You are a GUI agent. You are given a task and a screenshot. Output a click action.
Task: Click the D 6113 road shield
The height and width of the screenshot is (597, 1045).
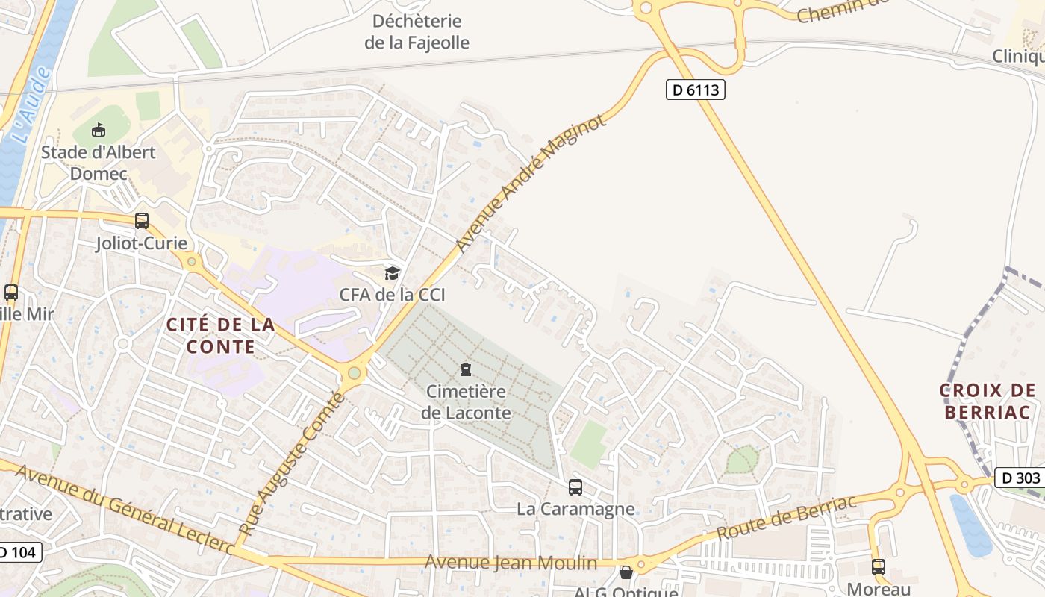[x=695, y=90]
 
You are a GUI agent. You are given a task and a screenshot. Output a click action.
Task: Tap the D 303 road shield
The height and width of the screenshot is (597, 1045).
[x=1019, y=478]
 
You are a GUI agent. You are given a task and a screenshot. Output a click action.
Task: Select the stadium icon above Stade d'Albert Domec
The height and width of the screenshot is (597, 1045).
[x=99, y=131]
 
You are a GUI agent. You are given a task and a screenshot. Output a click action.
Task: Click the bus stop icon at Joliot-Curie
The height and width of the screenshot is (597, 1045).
[x=141, y=221]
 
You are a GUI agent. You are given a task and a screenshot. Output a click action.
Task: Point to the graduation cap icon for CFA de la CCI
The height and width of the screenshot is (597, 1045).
[x=392, y=273]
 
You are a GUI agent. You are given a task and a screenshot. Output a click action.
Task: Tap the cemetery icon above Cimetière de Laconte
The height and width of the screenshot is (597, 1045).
[x=466, y=369]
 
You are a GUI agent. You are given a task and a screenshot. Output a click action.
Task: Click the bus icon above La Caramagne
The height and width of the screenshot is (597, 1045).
[x=575, y=487]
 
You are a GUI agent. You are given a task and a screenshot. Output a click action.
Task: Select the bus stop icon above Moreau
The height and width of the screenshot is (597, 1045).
[x=879, y=566]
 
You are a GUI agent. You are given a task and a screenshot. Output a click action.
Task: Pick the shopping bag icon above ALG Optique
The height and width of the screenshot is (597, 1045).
[x=626, y=572]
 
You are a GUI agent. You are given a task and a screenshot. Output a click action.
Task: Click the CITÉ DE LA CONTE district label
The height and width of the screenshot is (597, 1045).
[x=220, y=336]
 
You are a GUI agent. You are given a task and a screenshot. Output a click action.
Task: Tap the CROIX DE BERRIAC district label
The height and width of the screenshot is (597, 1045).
[x=987, y=401]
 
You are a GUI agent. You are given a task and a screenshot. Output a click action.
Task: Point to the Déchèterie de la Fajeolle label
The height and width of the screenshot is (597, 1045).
[x=417, y=32]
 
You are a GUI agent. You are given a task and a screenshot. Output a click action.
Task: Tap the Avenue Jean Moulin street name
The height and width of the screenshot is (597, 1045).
[x=511, y=563]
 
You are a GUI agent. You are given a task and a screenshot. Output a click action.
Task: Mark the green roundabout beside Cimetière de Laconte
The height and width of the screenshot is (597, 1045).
[x=354, y=372]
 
